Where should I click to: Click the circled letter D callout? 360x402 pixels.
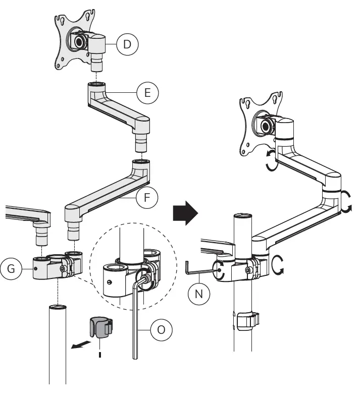127,44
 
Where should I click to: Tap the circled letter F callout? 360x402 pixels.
147,198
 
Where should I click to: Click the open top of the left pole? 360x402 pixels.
58,307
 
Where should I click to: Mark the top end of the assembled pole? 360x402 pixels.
243,217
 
